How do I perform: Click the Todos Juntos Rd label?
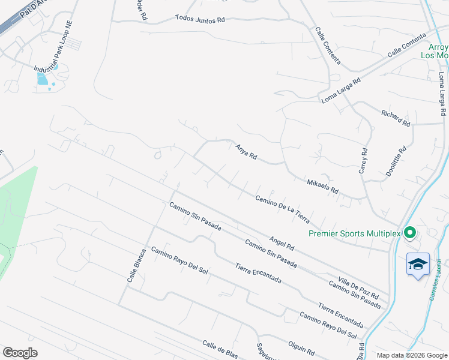click(200, 19)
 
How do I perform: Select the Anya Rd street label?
click(246, 151)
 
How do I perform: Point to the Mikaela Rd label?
click(322, 186)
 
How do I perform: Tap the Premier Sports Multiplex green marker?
click(411, 232)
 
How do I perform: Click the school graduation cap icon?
click(418, 264)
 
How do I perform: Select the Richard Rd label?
click(396, 118)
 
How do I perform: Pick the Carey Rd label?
click(363, 160)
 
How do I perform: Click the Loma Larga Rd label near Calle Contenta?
click(340, 90)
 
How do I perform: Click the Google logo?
click(20, 353)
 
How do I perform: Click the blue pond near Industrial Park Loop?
click(42, 79)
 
